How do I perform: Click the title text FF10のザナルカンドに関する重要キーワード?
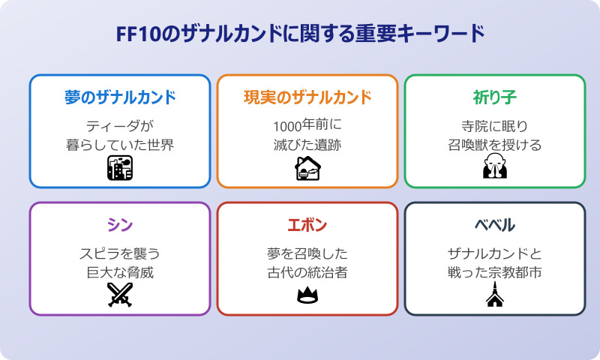[300, 34]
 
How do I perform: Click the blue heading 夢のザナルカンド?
[120, 97]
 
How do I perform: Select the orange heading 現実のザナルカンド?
[307, 97]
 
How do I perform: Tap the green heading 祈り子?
[495, 97]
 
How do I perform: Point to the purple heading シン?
[120, 225]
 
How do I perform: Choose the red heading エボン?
[307, 225]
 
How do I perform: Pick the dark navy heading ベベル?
[495, 225]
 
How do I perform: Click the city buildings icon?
[120, 169]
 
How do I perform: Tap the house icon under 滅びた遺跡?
[307, 169]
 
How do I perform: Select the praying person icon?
[495, 169]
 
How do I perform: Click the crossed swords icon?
[120, 295]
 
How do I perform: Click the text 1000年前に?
[307, 125]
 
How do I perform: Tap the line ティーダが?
[120, 125]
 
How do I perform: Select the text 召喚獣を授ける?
[495, 145]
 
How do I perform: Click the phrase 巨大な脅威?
[120, 272]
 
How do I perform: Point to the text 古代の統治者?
[307, 272]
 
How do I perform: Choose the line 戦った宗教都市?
[495, 272]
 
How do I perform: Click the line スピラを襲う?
[120, 253]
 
